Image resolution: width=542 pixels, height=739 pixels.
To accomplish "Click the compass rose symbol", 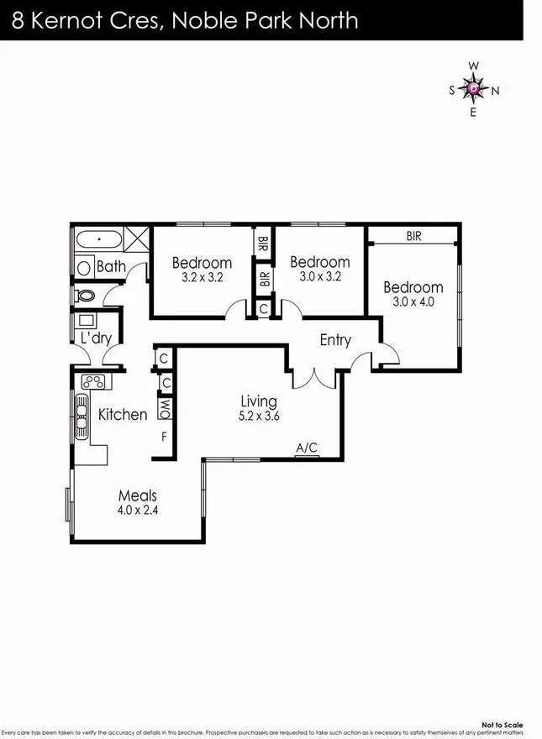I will click(474, 88).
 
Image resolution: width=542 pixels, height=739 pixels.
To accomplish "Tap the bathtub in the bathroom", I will click(98, 240).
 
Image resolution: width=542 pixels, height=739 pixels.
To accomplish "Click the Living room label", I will click(259, 402).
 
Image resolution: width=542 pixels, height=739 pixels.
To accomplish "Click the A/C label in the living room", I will click(307, 448).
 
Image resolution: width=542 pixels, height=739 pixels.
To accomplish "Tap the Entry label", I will click(335, 340).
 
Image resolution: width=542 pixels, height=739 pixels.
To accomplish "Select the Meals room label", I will click(137, 495).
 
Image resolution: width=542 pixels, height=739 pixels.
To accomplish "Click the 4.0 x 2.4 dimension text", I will click(137, 510).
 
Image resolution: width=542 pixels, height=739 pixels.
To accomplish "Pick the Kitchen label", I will click(123, 414).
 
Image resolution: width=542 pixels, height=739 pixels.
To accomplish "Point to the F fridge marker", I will click(166, 437).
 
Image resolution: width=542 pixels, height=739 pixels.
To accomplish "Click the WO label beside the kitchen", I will click(166, 410).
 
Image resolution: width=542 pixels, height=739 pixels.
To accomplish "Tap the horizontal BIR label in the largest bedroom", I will click(413, 237).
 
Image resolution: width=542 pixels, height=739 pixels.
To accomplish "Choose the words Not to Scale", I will click(503, 724).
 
